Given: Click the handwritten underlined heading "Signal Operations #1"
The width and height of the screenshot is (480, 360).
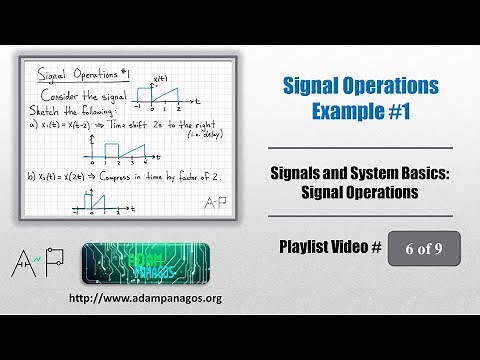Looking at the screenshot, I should pyautogui.click(x=72, y=73).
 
